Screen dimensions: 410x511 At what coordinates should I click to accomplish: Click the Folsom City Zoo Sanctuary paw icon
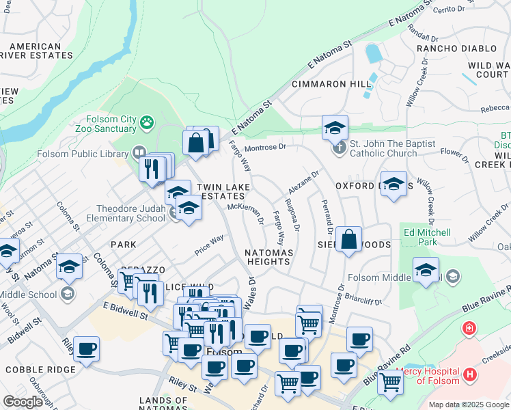[146, 123]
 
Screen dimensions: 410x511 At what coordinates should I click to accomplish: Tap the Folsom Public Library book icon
[139, 152]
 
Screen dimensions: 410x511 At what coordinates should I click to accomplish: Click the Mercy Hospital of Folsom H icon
[469, 374]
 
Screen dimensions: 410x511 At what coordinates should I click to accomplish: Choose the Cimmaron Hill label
[331, 84]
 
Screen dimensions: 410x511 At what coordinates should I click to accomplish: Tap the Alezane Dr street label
[303, 183]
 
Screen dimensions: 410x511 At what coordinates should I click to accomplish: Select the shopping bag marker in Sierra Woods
[348, 240]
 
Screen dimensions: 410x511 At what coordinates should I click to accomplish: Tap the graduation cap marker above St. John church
[335, 127]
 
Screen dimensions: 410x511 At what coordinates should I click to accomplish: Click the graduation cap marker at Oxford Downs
[393, 184]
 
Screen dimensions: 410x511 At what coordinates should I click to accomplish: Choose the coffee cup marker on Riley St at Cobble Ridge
[86, 348]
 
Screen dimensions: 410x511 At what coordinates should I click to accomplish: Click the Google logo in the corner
[23, 402]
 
